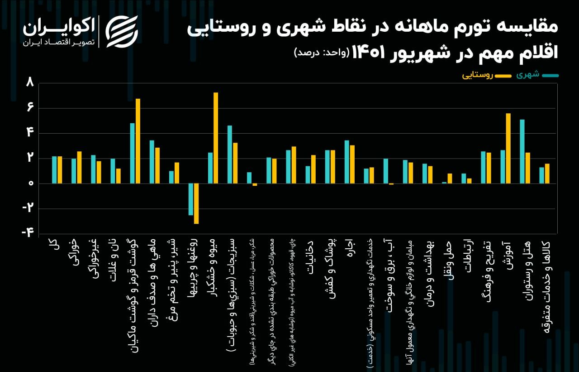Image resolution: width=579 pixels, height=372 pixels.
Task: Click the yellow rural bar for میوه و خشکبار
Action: click(x=216, y=138)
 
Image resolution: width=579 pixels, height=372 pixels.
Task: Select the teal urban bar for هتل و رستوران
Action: click(x=522, y=151)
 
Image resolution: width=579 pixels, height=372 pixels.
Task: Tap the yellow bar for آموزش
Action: click(x=508, y=148)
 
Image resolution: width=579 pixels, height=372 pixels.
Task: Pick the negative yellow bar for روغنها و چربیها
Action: click(x=196, y=203)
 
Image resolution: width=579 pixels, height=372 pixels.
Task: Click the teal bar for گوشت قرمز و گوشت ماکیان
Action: click(x=133, y=153)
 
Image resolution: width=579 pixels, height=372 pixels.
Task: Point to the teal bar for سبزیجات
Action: click(x=230, y=154)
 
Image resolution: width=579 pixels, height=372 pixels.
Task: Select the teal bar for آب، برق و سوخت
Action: click(x=386, y=171)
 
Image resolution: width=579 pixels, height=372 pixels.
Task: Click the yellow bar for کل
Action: click(x=60, y=170)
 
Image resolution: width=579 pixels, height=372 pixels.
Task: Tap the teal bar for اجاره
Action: click(x=347, y=162)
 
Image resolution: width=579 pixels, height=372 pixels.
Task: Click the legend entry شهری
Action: click(x=538, y=75)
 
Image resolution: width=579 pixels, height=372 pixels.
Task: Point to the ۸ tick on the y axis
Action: click(x=30, y=83)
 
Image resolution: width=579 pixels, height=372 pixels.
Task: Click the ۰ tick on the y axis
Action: click(x=30, y=184)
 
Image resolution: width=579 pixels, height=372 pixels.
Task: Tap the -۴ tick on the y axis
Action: click(x=28, y=233)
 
